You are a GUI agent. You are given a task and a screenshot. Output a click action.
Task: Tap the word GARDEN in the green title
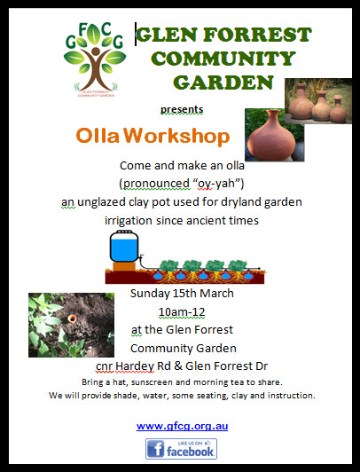[x=223, y=83]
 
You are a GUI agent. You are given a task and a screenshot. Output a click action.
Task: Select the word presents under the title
[x=181, y=110]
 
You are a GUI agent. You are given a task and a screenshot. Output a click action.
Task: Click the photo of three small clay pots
[x=319, y=100]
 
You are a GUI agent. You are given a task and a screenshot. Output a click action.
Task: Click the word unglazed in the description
[x=105, y=202]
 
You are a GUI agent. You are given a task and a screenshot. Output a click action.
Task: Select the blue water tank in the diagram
[x=121, y=246]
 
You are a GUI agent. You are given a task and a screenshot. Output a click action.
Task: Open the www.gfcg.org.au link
[x=183, y=426]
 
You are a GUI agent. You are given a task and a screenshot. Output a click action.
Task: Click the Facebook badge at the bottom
[x=182, y=450]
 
